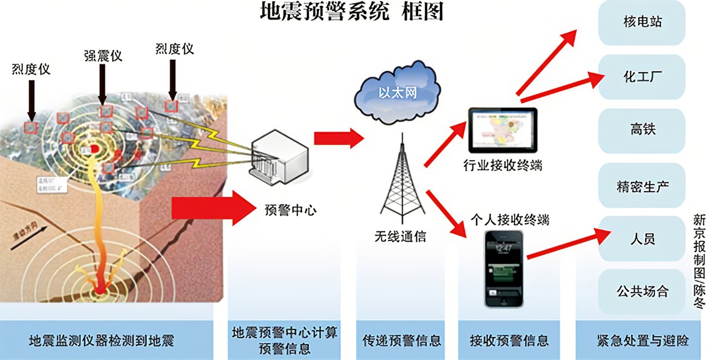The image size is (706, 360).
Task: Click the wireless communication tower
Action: pos(402,179)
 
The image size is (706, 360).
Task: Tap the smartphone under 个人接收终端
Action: pos(504,268)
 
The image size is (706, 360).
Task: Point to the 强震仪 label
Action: pos(103,55)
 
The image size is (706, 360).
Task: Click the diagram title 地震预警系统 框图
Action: pos(352,11)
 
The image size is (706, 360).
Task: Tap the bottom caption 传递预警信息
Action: pos(402,340)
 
